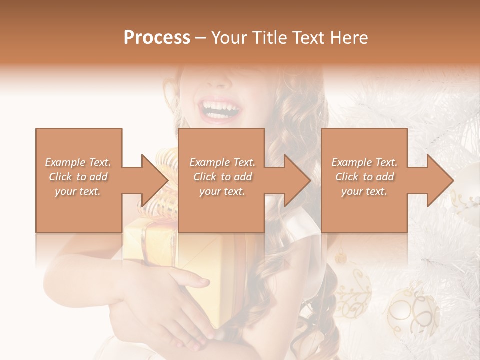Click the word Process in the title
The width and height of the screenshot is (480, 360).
[157, 38]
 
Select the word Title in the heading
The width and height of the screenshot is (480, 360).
[270, 38]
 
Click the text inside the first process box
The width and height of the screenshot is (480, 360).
[78, 177]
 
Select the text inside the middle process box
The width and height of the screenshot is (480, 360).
[222, 177]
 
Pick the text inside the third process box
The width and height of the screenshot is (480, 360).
[364, 177]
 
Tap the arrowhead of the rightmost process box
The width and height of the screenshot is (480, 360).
[440, 180]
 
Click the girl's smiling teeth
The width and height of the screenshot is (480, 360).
[218, 107]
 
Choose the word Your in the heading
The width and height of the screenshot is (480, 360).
[229, 38]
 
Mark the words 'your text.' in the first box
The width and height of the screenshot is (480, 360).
[78, 191]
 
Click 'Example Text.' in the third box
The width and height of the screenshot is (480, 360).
[364, 162]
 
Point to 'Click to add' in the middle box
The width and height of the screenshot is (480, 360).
[222, 177]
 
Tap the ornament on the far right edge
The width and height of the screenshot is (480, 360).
[470, 190]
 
